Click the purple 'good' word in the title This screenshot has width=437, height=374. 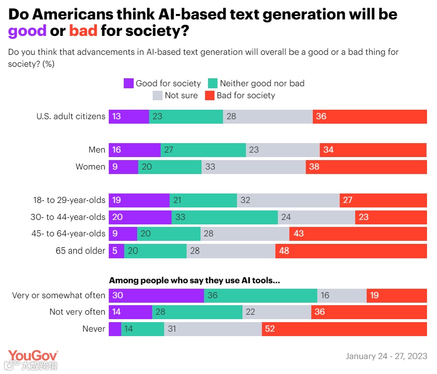pyautogui.click(x=27, y=31)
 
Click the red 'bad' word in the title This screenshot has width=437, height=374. pyautogui.click(x=83, y=31)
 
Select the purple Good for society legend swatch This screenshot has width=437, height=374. pyautogui.click(x=129, y=83)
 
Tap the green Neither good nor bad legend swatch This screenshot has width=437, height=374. pyautogui.click(x=213, y=83)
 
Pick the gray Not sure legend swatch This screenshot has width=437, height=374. pyautogui.click(x=158, y=95)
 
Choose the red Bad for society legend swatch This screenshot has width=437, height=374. pyautogui.click(x=210, y=95)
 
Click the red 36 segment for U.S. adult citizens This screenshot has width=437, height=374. pyautogui.click(x=370, y=116)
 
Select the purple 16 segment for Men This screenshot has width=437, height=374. pyautogui.click(x=135, y=150)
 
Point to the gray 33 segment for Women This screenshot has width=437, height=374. pyautogui.click(x=253, y=167)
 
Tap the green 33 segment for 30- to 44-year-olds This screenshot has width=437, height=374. pyautogui.click(x=224, y=217)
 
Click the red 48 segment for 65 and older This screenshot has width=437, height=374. pyautogui.click(x=351, y=251)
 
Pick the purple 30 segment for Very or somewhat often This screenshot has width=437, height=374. pyautogui.click(x=156, y=295)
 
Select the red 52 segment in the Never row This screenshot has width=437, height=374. pyautogui.click(x=344, y=329)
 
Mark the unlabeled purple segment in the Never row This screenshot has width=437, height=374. pyautogui.click(x=115, y=329)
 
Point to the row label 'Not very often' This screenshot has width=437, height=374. pyautogui.click(x=77, y=312)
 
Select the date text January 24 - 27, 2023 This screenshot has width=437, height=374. pyautogui.click(x=386, y=356)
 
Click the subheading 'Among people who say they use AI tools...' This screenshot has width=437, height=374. pyautogui.click(x=194, y=281)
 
